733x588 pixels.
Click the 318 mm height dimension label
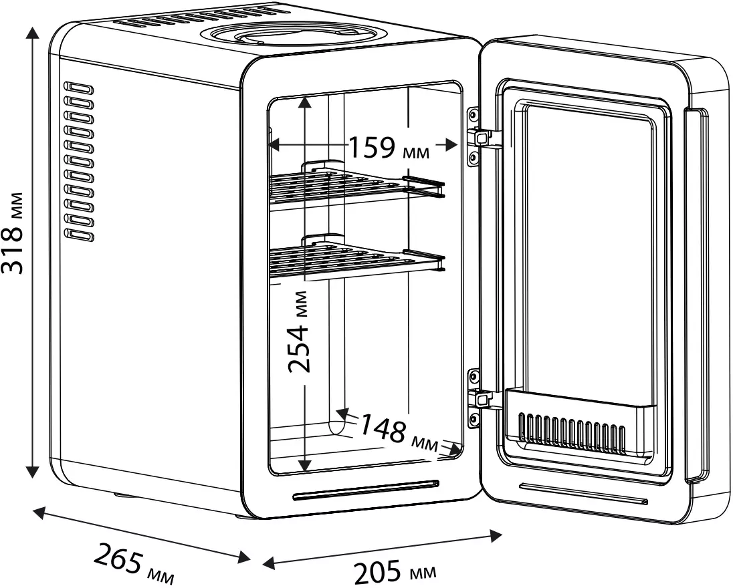15,233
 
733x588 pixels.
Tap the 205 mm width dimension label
394,572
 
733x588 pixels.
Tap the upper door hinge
480,136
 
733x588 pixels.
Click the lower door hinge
480,398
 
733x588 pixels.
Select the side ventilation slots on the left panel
79,161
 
